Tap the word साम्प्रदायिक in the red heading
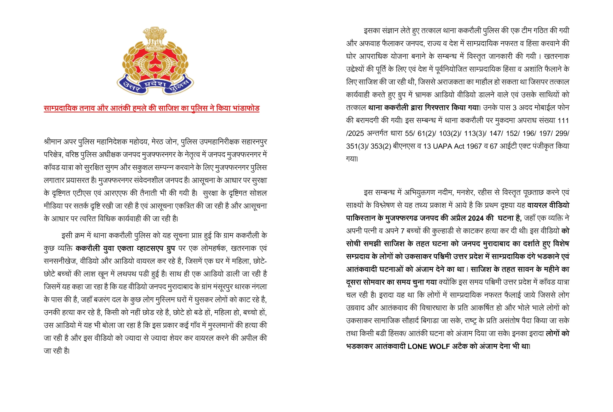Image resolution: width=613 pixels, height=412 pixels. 60,108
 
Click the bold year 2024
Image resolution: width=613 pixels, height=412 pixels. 476,218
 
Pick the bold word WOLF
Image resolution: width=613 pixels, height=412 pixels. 440,347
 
